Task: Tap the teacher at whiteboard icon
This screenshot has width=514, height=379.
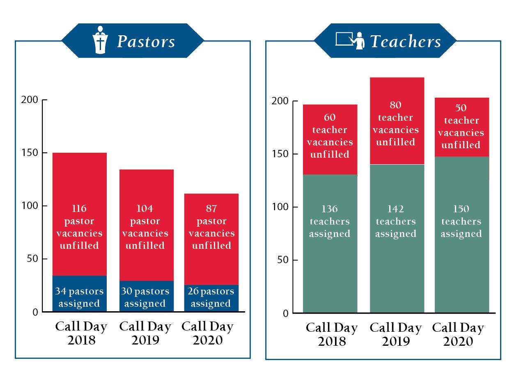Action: pyautogui.click(x=350, y=40)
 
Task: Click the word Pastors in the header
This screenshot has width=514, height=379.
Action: pyautogui.click(x=146, y=41)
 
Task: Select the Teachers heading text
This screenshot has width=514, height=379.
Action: pyautogui.click(x=406, y=41)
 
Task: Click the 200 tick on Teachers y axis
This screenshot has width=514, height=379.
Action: pyautogui.click(x=295, y=101)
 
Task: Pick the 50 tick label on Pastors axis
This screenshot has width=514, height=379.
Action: pyautogui.click(x=32, y=259)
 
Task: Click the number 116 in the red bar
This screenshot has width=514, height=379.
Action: pyautogui.click(x=79, y=209)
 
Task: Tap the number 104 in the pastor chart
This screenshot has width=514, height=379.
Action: pyautogui.click(x=145, y=209)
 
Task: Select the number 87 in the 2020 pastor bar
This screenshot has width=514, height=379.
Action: pyautogui.click(x=211, y=209)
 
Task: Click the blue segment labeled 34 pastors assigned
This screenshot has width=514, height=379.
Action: pyautogui.click(x=80, y=293)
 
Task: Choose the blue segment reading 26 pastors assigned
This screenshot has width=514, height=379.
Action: pyautogui.click(x=211, y=298)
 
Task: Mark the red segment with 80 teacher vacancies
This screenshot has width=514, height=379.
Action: pyautogui.click(x=397, y=121)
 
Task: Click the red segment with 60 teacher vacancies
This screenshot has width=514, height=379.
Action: pyautogui.click(x=330, y=140)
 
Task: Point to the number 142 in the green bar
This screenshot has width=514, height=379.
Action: pyautogui.click(x=396, y=209)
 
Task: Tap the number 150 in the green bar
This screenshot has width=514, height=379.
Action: pyautogui.click(x=461, y=209)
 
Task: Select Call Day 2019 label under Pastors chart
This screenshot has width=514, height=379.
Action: pyautogui.click(x=145, y=333)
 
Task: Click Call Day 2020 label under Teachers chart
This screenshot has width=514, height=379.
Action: pyautogui.click(x=458, y=334)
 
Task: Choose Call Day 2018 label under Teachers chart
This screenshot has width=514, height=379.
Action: pyautogui.click(x=332, y=334)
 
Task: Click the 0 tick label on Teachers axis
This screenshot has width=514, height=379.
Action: pyautogui.click(x=285, y=314)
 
